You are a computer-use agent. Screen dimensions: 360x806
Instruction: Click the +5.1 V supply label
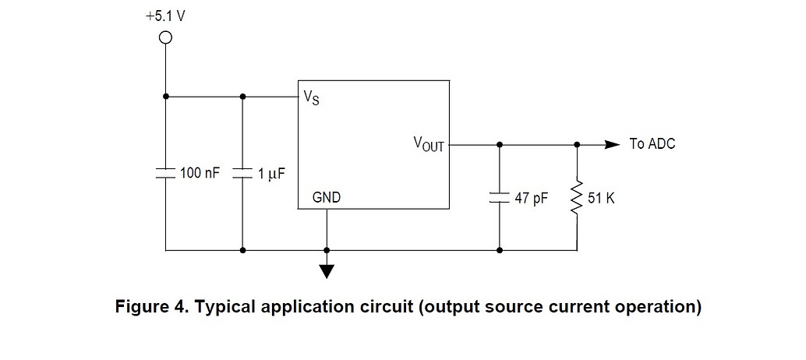point(164,16)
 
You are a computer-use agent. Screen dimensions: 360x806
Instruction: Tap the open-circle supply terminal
point(165,37)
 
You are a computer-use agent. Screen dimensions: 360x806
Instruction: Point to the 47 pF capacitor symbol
point(499,198)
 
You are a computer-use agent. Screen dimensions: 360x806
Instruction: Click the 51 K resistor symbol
point(577,198)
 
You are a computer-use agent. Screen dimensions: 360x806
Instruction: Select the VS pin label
point(311,99)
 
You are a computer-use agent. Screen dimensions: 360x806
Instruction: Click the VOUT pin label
point(428,144)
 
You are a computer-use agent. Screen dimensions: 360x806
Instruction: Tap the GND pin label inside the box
point(326,198)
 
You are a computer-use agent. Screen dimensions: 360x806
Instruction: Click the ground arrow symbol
point(327,270)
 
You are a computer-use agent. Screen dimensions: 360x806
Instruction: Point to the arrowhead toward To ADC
point(613,144)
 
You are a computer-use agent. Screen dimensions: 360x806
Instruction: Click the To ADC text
point(652,144)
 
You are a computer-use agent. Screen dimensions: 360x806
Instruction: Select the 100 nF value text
point(200,173)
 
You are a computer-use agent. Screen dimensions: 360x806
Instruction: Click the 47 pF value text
point(532,198)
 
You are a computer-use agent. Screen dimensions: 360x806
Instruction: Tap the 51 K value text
point(601,198)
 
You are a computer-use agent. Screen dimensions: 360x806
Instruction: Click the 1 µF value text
point(271,173)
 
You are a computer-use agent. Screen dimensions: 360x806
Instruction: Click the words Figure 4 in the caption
point(149,306)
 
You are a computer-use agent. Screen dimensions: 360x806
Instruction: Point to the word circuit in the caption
point(386,306)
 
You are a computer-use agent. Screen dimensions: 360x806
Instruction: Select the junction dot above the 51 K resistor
point(577,144)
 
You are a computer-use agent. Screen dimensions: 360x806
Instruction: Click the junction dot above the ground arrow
point(327,251)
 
